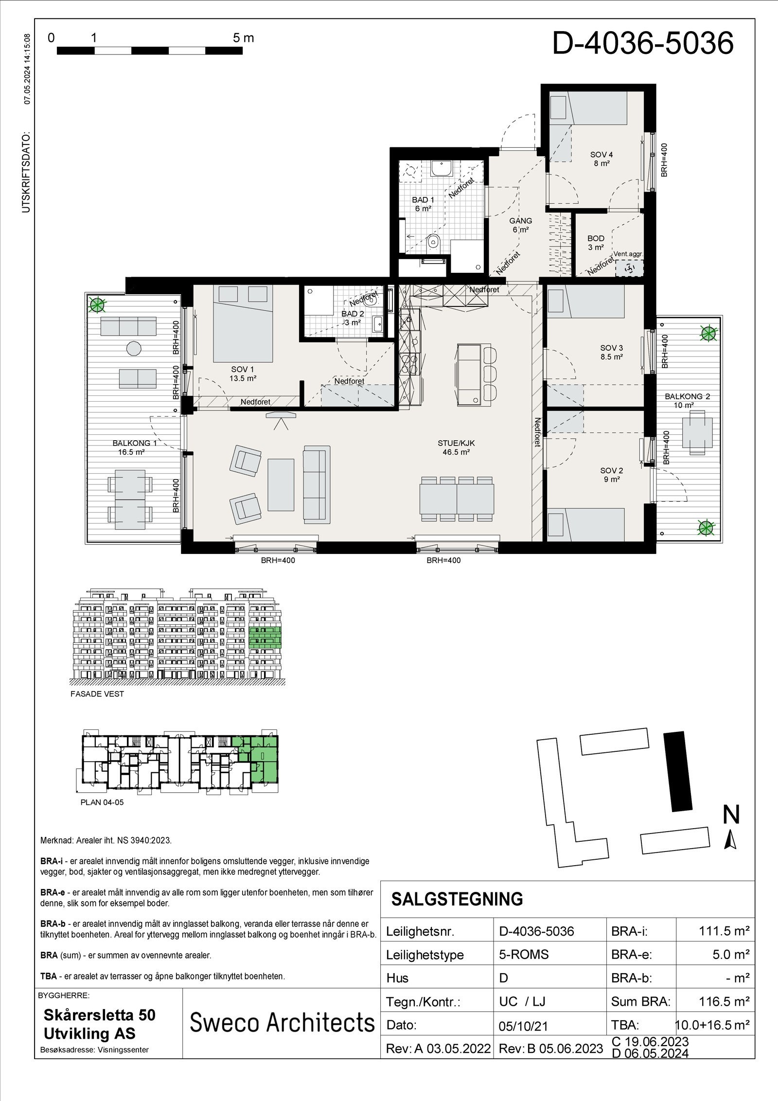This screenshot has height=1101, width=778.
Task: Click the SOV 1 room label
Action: coord(243,373)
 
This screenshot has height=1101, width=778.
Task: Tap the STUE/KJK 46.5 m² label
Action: coord(455,447)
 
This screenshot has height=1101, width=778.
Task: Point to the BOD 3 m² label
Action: coord(596,242)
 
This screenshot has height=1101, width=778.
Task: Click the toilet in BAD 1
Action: coord(434,242)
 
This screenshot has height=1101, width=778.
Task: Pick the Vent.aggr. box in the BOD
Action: coord(629,268)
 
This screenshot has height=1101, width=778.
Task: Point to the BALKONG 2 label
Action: coord(687,400)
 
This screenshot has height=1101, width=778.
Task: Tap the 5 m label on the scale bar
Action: coord(243,38)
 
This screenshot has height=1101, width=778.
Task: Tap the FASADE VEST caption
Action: coord(97,694)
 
